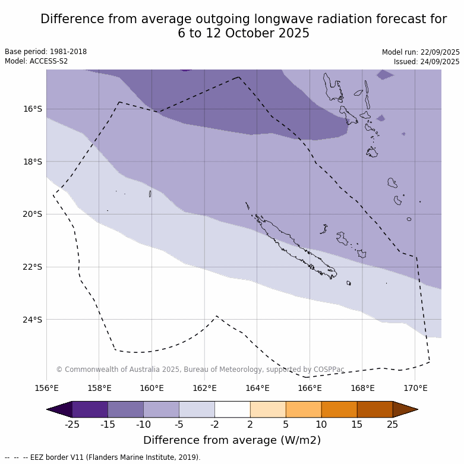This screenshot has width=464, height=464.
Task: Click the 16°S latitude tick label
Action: click(x=33, y=109)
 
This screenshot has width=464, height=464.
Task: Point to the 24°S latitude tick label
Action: click(x=33, y=320)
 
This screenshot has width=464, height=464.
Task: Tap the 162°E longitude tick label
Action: click(x=204, y=389)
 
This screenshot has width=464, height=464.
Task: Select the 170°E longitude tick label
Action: click(x=415, y=389)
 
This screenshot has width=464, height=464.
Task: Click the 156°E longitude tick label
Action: click(x=46, y=389)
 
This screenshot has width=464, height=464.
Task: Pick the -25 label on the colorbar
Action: click(x=72, y=424)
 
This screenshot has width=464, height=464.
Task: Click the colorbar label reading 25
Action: click(x=393, y=424)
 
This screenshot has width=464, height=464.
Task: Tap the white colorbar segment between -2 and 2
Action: click(x=232, y=409)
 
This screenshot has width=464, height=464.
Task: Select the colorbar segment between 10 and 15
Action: click(x=339, y=409)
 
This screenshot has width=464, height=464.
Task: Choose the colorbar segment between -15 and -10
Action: click(x=125, y=409)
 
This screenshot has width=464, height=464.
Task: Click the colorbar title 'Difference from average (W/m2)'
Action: click(x=232, y=440)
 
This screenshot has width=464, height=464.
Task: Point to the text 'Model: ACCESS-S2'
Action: click(x=36, y=61)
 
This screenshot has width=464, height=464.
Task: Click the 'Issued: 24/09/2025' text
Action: click(x=427, y=62)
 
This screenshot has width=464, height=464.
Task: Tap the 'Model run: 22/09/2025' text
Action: click(x=421, y=52)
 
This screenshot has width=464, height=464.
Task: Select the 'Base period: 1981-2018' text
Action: click(x=46, y=52)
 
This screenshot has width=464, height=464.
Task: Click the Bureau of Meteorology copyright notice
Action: click(x=200, y=370)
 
